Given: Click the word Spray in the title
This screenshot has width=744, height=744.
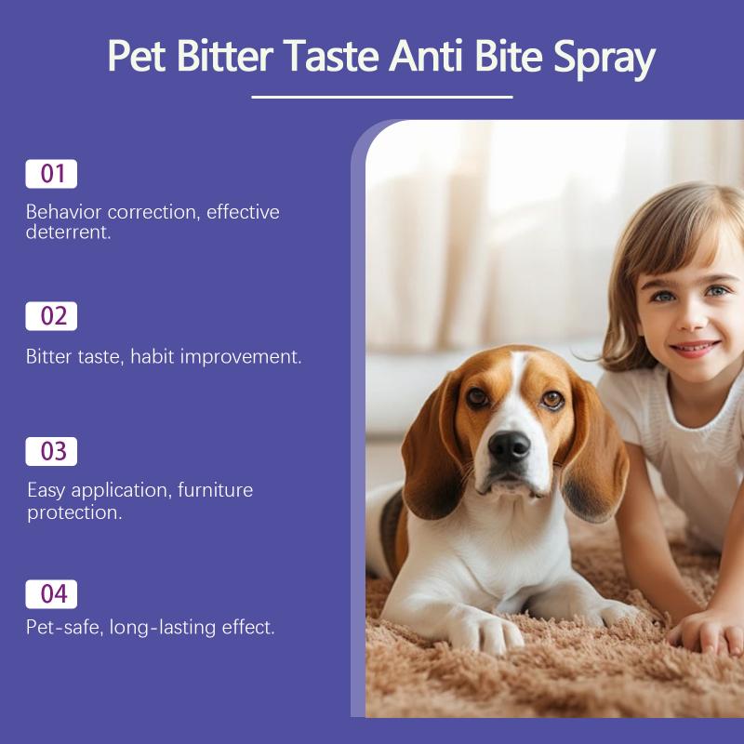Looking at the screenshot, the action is click(x=604, y=58).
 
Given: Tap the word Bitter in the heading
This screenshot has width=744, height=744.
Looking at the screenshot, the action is click(x=224, y=55).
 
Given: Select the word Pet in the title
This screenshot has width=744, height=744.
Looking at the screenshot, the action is click(x=136, y=56).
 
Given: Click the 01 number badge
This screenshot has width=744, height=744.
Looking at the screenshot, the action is click(x=51, y=174).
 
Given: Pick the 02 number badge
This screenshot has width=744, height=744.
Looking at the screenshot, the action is click(x=51, y=316).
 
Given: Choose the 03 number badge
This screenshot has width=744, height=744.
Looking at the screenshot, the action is click(x=51, y=451).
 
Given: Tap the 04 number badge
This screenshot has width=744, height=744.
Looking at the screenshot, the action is click(x=51, y=594).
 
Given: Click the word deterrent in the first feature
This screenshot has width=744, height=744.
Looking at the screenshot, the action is click(x=68, y=232).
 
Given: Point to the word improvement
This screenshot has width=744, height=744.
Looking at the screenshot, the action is click(x=241, y=357).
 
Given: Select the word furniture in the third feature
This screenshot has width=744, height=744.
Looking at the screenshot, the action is click(x=216, y=490).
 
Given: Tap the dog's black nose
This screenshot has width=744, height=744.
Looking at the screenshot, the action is click(x=509, y=447).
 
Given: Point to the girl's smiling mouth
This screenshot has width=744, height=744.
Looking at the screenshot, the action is click(x=694, y=348).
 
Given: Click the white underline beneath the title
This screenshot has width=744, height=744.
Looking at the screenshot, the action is click(x=382, y=98).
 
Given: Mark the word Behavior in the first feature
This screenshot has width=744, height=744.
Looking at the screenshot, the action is click(x=64, y=212).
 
